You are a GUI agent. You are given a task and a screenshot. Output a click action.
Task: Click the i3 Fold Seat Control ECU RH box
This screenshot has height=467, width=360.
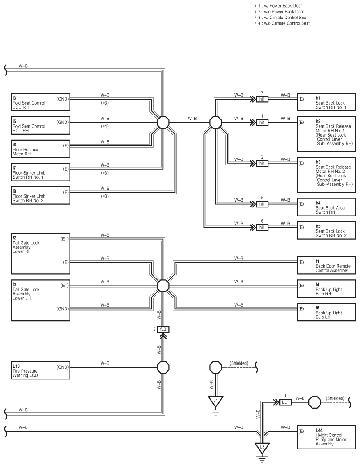pos(41,102)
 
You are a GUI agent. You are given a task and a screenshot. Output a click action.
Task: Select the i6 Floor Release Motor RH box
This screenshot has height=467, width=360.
pos(41,149)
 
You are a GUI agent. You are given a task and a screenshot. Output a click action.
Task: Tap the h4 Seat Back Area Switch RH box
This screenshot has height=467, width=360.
pos(326,207)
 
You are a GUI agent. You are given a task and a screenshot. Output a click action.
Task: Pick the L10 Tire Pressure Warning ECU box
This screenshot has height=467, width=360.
pos(41,370)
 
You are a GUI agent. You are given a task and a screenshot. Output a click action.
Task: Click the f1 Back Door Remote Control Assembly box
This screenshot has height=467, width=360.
pos(326,265)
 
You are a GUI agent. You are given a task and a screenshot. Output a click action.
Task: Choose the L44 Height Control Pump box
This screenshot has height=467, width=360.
pos(326,437)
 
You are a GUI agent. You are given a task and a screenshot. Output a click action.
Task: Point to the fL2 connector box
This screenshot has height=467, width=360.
pos(163,330)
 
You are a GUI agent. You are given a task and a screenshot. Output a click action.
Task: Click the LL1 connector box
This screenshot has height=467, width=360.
pos(285,402)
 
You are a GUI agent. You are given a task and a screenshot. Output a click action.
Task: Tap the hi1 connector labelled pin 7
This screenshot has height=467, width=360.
pos(262,99)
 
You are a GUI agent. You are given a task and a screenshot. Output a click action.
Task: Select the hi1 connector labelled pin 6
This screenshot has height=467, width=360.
pos(262,227)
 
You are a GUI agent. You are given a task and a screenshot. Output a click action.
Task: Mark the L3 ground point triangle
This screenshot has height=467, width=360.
pos(262,448)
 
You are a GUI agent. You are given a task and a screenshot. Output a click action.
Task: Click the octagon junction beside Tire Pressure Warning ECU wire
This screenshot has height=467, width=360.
pos(163,367)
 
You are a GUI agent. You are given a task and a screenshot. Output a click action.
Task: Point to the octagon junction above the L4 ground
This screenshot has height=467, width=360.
pos(215,367)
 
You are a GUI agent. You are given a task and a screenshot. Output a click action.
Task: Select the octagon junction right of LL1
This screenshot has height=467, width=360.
pos(315,402)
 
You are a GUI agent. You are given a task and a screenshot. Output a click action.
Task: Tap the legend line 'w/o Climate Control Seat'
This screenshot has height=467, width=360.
pos(282,23)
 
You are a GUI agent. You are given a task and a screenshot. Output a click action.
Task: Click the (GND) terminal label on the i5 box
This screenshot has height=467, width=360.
pos(62,122)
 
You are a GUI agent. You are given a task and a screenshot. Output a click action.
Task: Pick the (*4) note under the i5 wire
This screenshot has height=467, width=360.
pos(105,126)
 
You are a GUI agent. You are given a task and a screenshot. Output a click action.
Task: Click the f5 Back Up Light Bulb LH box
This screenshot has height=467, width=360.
pos(326,312)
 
